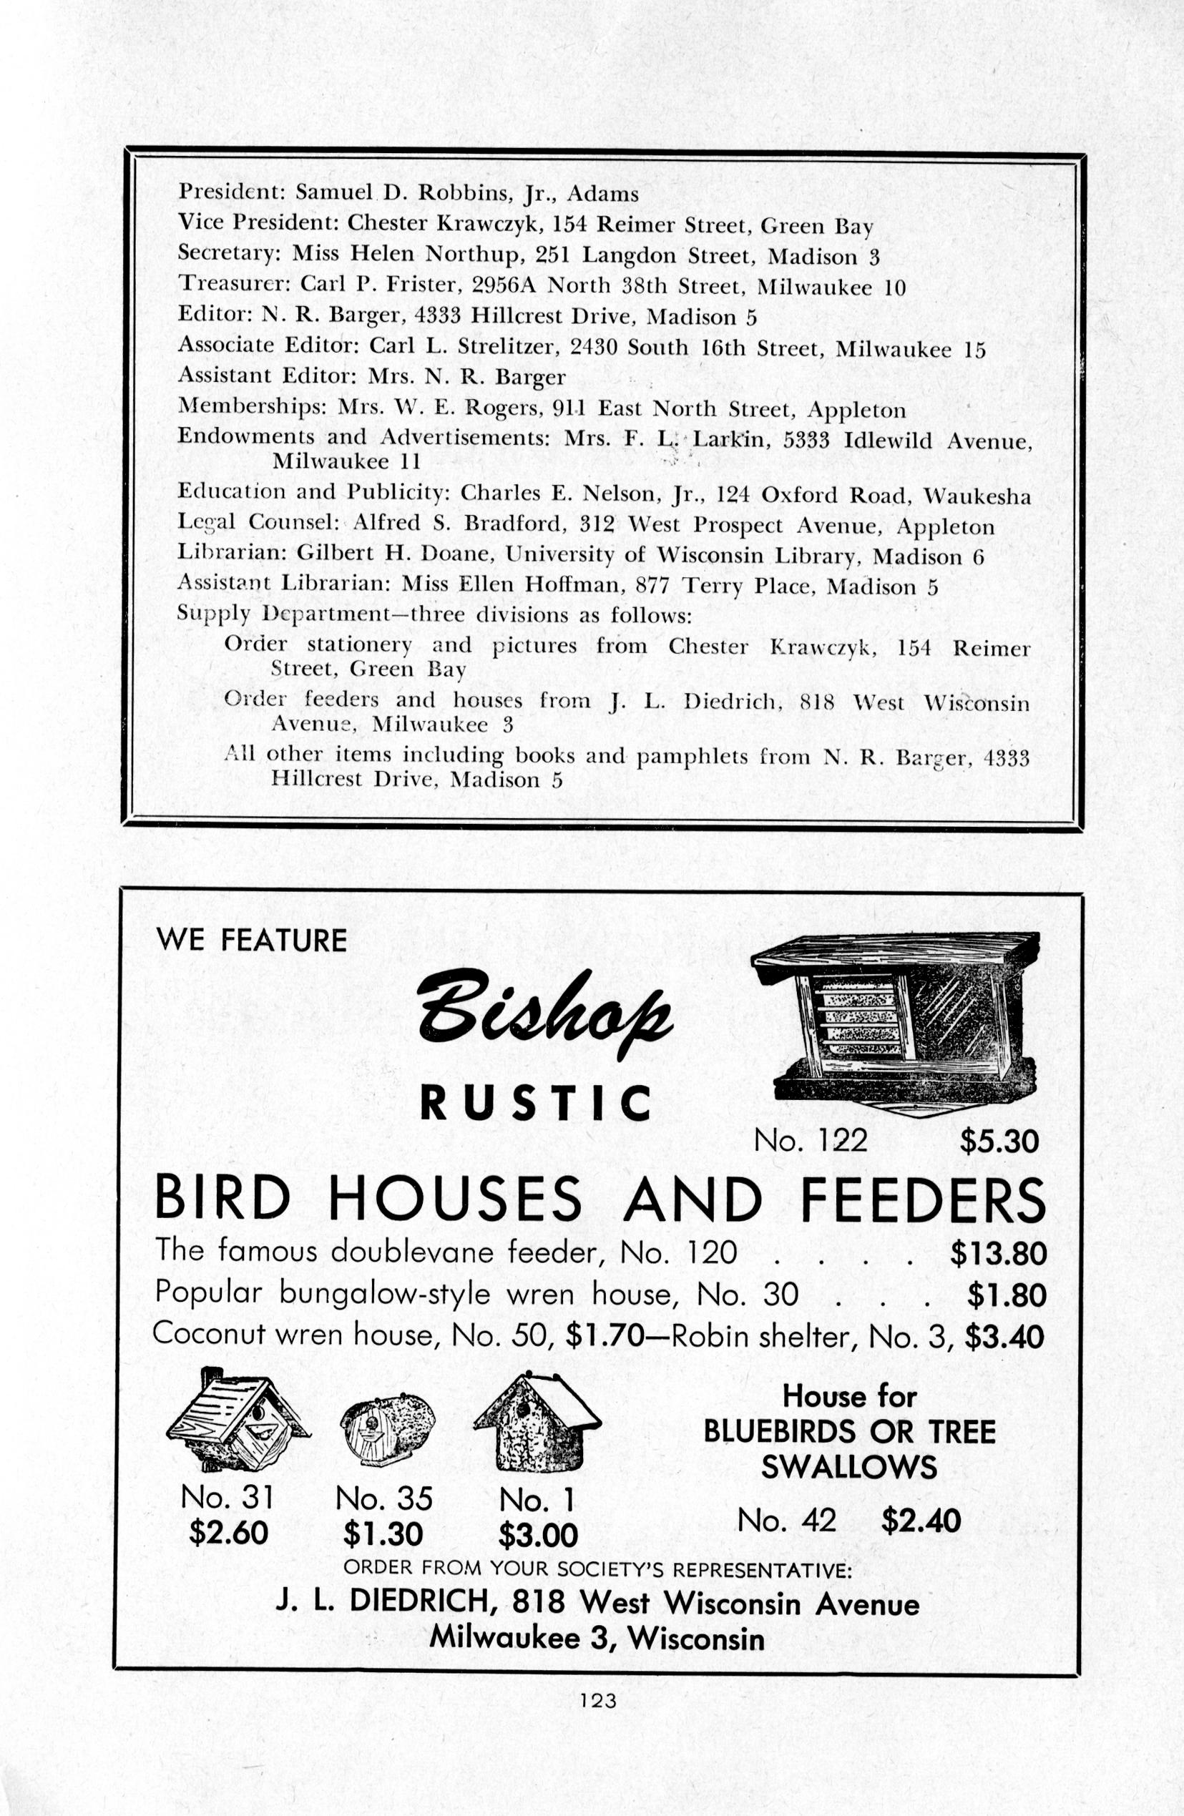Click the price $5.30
(999, 1141)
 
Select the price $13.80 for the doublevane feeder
(999, 1253)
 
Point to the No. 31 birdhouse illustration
(238, 1423)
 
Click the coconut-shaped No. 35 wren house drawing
(387, 1428)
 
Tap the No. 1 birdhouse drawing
(537, 1423)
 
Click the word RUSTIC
(536, 1104)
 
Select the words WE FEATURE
(251, 940)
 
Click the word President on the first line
(227, 192)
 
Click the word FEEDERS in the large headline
(922, 1200)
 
